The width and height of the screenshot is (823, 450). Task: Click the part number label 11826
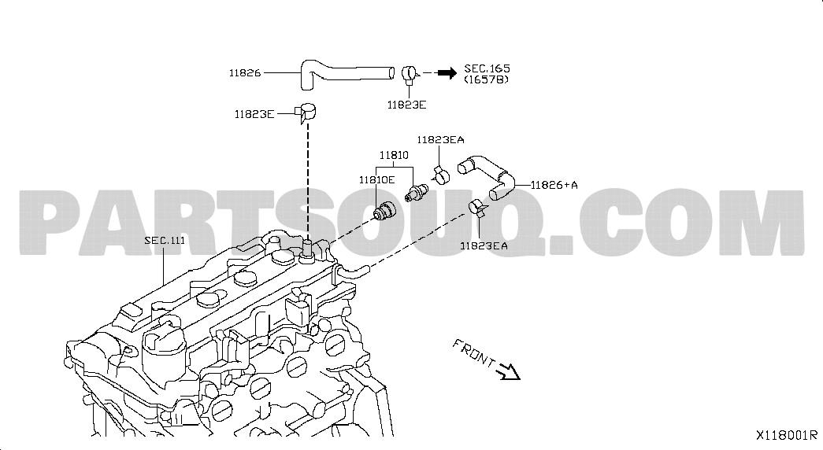tap(245, 73)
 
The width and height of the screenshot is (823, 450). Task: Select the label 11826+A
tap(554, 185)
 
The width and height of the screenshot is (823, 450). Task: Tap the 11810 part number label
tap(394, 155)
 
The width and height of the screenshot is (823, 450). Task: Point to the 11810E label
tap(376, 180)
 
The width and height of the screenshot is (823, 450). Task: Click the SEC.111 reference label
tap(165, 241)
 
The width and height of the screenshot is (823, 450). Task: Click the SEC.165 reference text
tap(487, 68)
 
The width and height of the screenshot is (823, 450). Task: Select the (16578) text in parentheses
tap(487, 79)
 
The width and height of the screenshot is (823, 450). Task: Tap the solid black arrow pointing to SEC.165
tap(447, 73)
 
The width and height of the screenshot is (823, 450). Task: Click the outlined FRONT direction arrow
tap(508, 371)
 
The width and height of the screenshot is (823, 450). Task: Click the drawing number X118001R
tap(786, 435)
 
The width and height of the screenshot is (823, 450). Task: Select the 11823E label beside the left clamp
tap(254, 114)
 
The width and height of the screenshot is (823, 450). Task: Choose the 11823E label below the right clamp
tap(406, 105)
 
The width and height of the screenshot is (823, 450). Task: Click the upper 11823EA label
tap(440, 139)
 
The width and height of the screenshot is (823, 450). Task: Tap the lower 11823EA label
tap(484, 245)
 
